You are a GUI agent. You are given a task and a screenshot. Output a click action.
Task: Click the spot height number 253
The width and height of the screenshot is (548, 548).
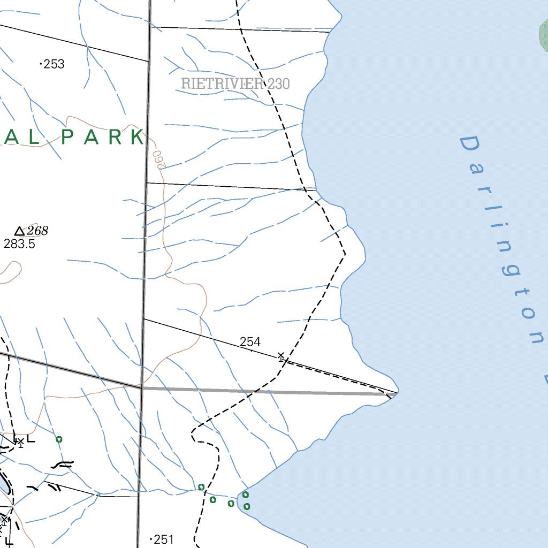[x=54, y=64]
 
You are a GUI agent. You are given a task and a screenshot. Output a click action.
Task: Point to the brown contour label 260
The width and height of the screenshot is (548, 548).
[x=157, y=159]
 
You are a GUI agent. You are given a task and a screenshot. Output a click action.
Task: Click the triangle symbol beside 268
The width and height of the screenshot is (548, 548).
[x=20, y=231]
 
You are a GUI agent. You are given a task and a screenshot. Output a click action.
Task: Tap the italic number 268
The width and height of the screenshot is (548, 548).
[x=37, y=231]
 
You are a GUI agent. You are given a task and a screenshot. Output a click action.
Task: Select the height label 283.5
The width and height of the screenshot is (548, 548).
[x=19, y=244]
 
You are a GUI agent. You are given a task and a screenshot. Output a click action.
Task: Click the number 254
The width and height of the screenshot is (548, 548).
[x=250, y=341]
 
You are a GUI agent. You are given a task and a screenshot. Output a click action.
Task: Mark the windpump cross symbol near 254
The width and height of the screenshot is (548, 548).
[x=280, y=356]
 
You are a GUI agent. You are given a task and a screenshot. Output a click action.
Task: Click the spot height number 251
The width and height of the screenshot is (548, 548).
[x=164, y=539]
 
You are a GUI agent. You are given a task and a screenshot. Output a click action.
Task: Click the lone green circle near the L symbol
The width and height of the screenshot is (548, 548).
[x=59, y=439]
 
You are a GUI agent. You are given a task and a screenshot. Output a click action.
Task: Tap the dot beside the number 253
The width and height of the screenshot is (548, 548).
[x=41, y=64]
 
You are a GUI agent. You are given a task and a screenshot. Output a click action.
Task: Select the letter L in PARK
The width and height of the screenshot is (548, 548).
[x=33, y=137]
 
